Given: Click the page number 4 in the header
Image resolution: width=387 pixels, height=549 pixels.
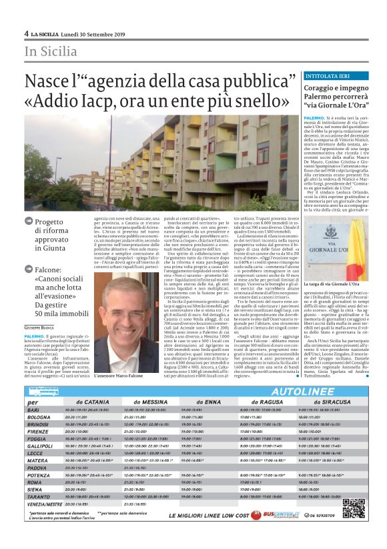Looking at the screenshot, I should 26,33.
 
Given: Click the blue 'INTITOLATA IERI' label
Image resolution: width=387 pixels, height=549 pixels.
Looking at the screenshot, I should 308,77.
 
